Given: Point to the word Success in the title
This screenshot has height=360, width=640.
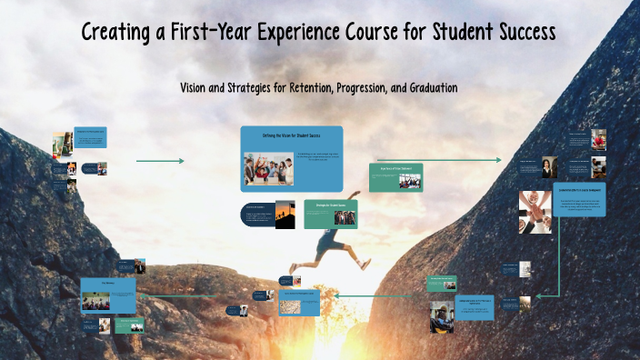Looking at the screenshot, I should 519,33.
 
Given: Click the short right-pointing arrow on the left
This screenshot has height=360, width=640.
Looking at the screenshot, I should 160,161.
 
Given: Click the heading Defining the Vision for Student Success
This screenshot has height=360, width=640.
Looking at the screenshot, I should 292,135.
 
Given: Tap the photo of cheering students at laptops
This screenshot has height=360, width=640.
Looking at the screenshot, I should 268,168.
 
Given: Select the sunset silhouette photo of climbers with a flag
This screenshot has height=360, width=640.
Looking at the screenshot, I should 285,215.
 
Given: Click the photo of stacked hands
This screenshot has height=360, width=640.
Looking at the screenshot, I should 536,211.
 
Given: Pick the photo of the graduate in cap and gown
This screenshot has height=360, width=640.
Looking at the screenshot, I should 442,316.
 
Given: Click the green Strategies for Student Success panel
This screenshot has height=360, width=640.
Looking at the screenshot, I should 329,213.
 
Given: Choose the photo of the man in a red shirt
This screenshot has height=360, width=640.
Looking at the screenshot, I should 598,138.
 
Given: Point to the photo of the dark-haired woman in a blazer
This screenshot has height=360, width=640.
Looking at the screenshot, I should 550,167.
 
